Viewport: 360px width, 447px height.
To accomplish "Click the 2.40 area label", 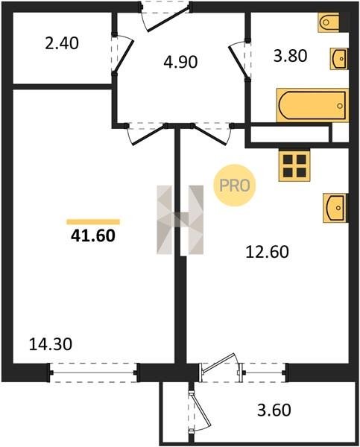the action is pos(62,44).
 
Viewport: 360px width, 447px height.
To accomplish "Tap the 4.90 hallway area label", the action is pos(180,62).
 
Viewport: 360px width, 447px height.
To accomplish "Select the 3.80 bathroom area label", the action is pos(291,56).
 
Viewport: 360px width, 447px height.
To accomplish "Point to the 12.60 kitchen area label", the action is pos(268,252).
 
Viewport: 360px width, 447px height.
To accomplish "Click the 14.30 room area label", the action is pos(51,344).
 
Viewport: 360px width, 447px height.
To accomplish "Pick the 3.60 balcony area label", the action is pos(274,410).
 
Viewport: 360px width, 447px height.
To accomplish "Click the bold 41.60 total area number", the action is pos(93,235).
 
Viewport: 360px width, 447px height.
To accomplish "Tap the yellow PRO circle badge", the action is pos(235,186).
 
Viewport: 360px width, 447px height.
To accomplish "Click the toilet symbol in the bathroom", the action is pos(329,22).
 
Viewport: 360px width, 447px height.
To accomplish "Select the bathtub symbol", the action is pos(312,105).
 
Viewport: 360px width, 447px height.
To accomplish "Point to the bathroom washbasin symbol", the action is pos(339,58).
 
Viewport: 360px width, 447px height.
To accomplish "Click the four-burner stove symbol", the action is pos(294,165).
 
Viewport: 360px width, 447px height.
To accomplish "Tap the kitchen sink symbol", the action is pos(335,208).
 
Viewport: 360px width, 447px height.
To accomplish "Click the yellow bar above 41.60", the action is pos(93,222).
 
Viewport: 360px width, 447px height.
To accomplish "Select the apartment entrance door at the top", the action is pos(165,16).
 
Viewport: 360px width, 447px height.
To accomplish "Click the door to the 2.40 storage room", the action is pos(122,54).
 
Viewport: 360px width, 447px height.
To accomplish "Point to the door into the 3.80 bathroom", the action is pos(240,59).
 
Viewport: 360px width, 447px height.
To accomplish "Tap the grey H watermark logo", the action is pos(180,220).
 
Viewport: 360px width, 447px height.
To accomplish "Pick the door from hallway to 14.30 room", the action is pos(146,133).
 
